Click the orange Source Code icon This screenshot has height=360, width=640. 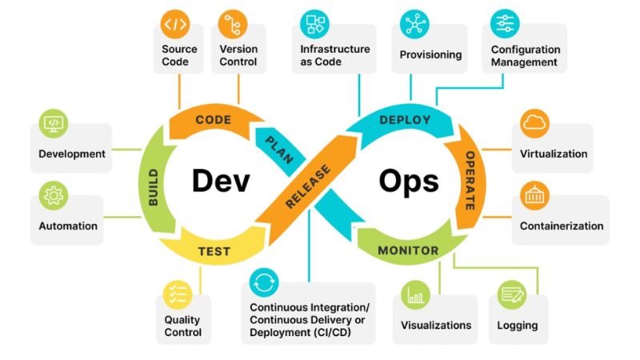(175, 25)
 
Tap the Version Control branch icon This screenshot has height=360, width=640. (233, 25)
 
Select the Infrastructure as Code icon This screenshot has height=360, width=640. (314, 24)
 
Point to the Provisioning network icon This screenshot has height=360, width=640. (414, 24)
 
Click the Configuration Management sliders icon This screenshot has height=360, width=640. (505, 24)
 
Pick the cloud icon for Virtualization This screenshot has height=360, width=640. (534, 124)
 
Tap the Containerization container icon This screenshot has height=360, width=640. (534, 195)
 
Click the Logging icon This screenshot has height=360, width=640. (512, 294)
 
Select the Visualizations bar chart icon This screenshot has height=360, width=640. (415, 294)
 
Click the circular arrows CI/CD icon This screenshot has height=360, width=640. (264, 282)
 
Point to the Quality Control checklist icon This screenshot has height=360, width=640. (178, 294)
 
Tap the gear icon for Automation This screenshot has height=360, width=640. (54, 195)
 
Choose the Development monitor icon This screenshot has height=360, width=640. (54, 124)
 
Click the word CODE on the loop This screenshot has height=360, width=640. (214, 119)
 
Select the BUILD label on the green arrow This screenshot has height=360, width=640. (153, 187)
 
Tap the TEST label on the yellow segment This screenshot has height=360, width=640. (214, 251)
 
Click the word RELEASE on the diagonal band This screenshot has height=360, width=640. (308, 186)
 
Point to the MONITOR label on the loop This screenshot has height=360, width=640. (408, 250)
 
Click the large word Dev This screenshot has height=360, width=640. (221, 181)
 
